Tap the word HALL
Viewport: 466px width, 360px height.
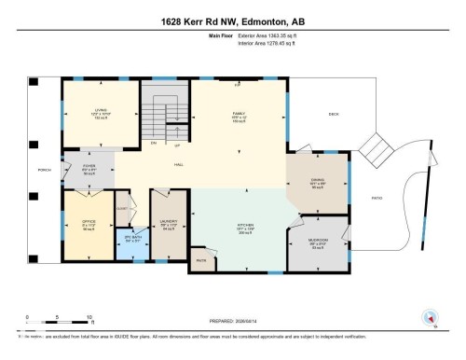click(x=178, y=164)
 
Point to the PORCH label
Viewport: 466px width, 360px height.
click(x=41, y=169)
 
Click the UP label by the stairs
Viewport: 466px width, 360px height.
click(x=176, y=145)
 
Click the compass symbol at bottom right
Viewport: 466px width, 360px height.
click(x=430, y=316)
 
